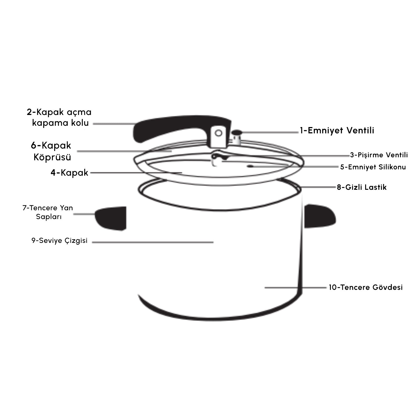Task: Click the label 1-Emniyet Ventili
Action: click(337, 130)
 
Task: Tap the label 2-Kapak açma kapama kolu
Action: click(59, 117)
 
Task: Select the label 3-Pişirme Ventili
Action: click(379, 155)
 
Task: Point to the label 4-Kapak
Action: click(69, 173)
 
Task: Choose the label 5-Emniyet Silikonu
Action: click(373, 167)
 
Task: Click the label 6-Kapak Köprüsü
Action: click(51, 151)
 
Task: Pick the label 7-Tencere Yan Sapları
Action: click(48, 212)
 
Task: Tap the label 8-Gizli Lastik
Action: click(362, 187)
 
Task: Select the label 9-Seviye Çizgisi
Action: click(60, 241)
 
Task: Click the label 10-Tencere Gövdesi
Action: click(366, 287)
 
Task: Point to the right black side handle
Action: click(320, 216)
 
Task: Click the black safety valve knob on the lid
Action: click(237, 132)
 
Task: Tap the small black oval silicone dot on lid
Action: click(250, 166)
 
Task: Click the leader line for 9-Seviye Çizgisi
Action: click(153, 242)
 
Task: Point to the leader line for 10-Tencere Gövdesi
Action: click(295, 288)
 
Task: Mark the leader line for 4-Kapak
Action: click(136, 173)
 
